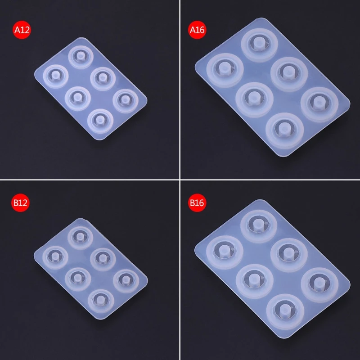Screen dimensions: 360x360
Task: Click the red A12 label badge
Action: [22, 30]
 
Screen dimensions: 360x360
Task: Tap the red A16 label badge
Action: [197, 30]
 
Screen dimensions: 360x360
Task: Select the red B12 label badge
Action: [20, 203]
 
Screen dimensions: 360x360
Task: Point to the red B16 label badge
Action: [197, 203]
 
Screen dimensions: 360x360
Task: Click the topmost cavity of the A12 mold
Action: [81, 57]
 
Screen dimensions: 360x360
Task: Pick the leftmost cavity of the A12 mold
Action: [55, 76]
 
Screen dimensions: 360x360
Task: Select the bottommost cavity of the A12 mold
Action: [100, 121]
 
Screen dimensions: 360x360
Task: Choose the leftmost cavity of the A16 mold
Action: [225, 70]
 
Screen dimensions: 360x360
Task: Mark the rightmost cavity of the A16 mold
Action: [319, 104]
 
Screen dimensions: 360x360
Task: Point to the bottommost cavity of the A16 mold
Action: [285, 130]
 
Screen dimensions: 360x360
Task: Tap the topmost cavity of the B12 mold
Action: [81, 238]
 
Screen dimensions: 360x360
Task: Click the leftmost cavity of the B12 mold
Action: [55, 257]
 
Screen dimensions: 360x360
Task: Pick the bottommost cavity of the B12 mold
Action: [101, 301]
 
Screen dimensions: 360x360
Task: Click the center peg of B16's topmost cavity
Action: [258, 225]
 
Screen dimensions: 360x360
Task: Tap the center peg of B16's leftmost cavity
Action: [224, 251]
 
